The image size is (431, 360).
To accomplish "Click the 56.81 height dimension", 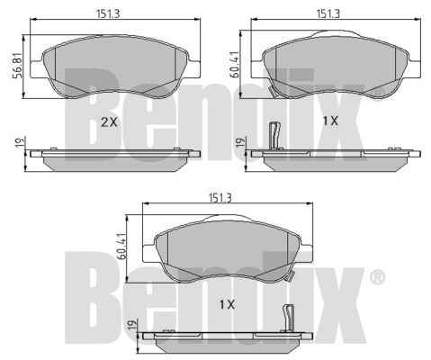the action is coord(18,66).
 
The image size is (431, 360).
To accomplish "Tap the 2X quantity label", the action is coord(109,121).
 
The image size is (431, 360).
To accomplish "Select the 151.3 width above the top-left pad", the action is coord(108,13).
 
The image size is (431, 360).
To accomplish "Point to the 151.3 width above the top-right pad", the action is coord(328,13).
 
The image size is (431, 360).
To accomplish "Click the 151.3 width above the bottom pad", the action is coord(220,198).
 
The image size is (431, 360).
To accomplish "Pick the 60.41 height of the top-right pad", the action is coord(236,64).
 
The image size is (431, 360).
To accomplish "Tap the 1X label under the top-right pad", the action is coord(330,121).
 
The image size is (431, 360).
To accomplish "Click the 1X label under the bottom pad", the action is coord(227,304).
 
